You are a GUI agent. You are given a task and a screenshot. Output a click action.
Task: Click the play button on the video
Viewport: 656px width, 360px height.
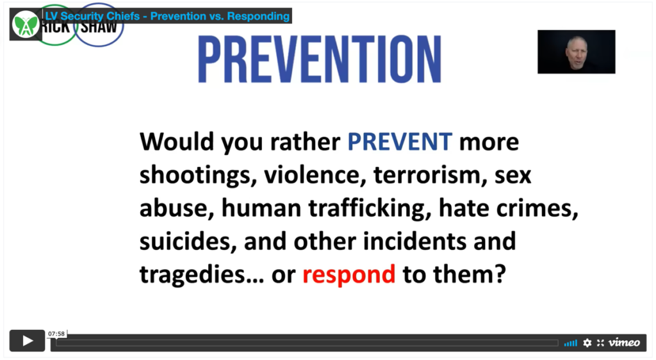click(27, 341)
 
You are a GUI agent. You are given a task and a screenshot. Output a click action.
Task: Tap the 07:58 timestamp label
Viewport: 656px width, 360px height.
click(56, 334)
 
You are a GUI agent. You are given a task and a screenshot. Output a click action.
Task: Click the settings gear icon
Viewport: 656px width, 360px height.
click(587, 343)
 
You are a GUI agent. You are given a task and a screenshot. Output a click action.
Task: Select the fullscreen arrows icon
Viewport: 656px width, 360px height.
click(600, 343)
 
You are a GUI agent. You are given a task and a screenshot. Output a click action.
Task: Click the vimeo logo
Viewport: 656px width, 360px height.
click(624, 343)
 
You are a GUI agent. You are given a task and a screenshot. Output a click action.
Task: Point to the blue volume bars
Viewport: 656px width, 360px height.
click(570, 343)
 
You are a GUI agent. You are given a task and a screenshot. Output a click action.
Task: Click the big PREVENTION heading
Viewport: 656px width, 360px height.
click(320, 60)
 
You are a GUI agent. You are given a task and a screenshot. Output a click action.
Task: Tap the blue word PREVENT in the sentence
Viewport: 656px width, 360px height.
click(400, 142)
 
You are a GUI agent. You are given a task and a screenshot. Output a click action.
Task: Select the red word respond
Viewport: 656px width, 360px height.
click(348, 275)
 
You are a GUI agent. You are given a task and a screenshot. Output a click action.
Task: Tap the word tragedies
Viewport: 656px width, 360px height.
click(202, 275)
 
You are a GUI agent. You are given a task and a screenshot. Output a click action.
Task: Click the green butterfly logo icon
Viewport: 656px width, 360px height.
click(25, 25)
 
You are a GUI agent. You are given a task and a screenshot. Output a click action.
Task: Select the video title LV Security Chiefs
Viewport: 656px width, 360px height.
click(92, 16)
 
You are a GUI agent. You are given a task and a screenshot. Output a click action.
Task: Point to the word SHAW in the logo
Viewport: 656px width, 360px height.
click(99, 28)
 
